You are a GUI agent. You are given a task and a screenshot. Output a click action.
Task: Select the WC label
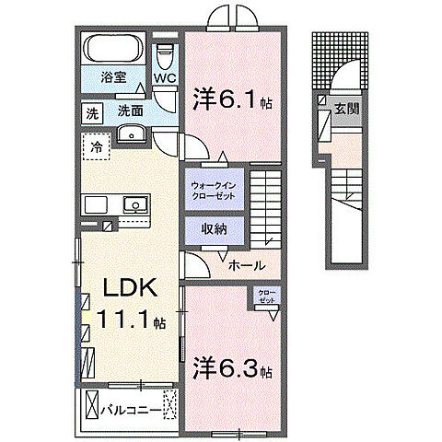[x=165, y=79]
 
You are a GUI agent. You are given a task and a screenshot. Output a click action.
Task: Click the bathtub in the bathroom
[x=113, y=49]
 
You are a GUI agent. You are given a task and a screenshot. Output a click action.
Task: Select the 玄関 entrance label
[x=346, y=109]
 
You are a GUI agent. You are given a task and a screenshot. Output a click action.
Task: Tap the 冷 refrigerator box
[x=96, y=145]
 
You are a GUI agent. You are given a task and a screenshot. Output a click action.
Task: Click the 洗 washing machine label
[x=91, y=114]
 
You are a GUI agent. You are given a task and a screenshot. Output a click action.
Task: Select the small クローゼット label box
[x=266, y=297]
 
